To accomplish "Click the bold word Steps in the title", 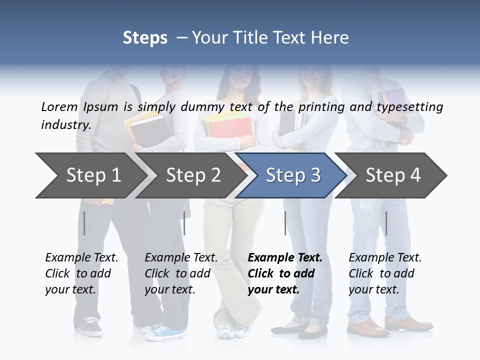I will click(x=145, y=37).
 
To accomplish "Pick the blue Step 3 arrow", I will click(x=293, y=175).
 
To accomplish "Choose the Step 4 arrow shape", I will click(x=393, y=175).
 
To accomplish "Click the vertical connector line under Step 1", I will click(x=84, y=223).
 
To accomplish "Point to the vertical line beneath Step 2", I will click(x=184, y=223).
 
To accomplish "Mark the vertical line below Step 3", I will click(x=285, y=223).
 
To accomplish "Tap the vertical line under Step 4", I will click(x=386, y=223).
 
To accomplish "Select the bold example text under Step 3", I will click(x=285, y=273).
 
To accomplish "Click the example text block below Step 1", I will click(x=81, y=273).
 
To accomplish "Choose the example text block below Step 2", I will click(x=181, y=273).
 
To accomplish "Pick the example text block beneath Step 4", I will click(x=385, y=273).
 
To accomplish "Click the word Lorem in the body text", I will click(x=59, y=106).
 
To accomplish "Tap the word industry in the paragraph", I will click(x=65, y=124).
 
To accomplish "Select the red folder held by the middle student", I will click(x=227, y=129).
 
